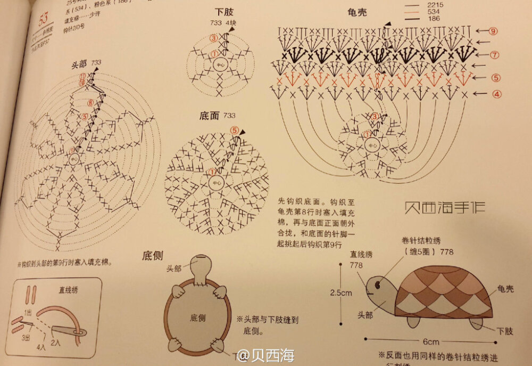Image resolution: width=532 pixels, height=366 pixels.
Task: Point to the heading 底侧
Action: (152, 255)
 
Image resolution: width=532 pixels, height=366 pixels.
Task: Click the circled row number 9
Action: (494, 31)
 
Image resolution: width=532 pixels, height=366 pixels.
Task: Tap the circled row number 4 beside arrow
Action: (496, 94)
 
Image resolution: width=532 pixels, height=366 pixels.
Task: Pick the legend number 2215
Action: (436, 5)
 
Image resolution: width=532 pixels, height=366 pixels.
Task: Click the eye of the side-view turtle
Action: (377, 285)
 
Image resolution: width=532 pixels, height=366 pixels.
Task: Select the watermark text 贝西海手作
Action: (444, 207)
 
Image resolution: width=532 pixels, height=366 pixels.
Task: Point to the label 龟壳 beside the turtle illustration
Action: (505, 289)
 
